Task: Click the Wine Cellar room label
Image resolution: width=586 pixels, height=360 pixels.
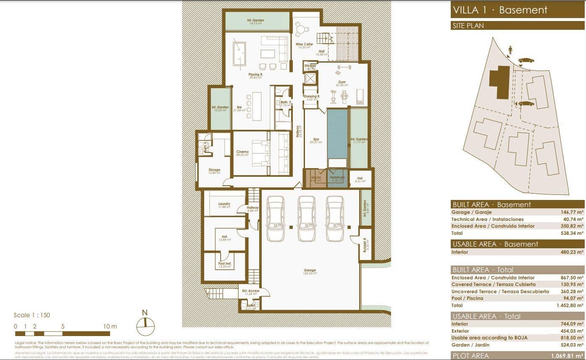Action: pos(304,45)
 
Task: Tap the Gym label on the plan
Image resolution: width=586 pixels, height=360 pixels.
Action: pos(342,82)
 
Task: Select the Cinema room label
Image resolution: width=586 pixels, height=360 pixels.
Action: pos(242,152)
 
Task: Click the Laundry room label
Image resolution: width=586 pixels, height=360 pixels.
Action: pos(224,204)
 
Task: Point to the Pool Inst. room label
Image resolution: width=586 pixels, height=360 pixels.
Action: pos(224,263)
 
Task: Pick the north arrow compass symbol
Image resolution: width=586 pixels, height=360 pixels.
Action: pos(145,324)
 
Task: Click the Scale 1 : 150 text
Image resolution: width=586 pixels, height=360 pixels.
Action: pos(32,315)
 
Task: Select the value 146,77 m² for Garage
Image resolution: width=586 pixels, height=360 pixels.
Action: pos(571,213)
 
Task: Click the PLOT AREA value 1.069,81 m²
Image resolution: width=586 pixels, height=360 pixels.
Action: pos(567,356)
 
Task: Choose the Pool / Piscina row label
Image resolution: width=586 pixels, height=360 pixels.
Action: pos(467,298)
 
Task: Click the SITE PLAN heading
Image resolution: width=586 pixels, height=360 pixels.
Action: pos(468,26)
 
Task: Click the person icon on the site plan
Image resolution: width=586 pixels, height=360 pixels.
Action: pos(510,50)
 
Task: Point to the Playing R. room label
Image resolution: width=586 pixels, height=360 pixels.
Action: pos(255,74)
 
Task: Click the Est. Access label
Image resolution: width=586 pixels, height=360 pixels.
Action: pos(250,291)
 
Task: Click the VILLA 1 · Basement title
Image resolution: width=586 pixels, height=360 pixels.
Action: pos(499,10)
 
